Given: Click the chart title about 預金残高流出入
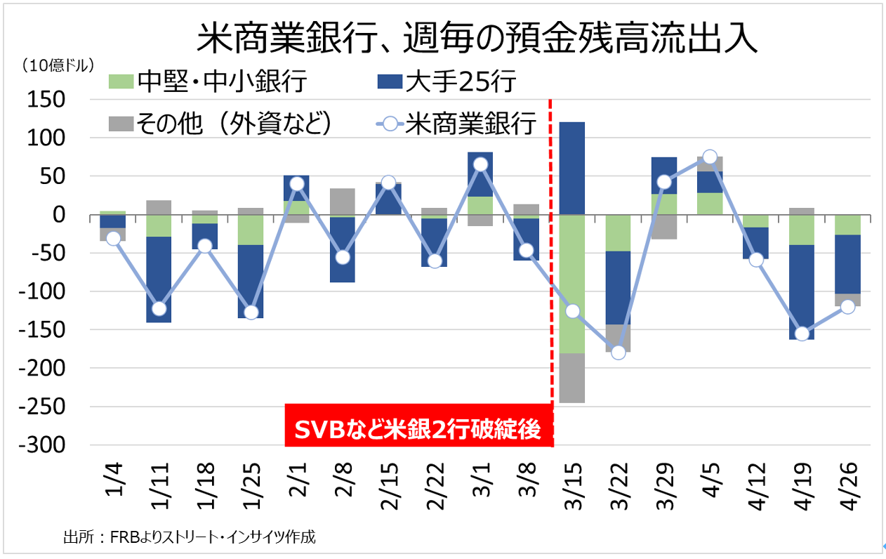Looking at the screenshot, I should [x=477, y=39].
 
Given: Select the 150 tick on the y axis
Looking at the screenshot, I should [x=46, y=100].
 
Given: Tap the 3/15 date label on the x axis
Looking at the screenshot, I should [x=573, y=485].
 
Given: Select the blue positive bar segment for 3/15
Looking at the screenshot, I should [x=572, y=168].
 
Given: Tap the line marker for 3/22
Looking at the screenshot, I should [x=619, y=352].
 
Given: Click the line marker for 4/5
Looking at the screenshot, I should [x=710, y=157].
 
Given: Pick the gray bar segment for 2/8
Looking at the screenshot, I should [x=343, y=202].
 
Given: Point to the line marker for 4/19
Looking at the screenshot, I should [x=801, y=334].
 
